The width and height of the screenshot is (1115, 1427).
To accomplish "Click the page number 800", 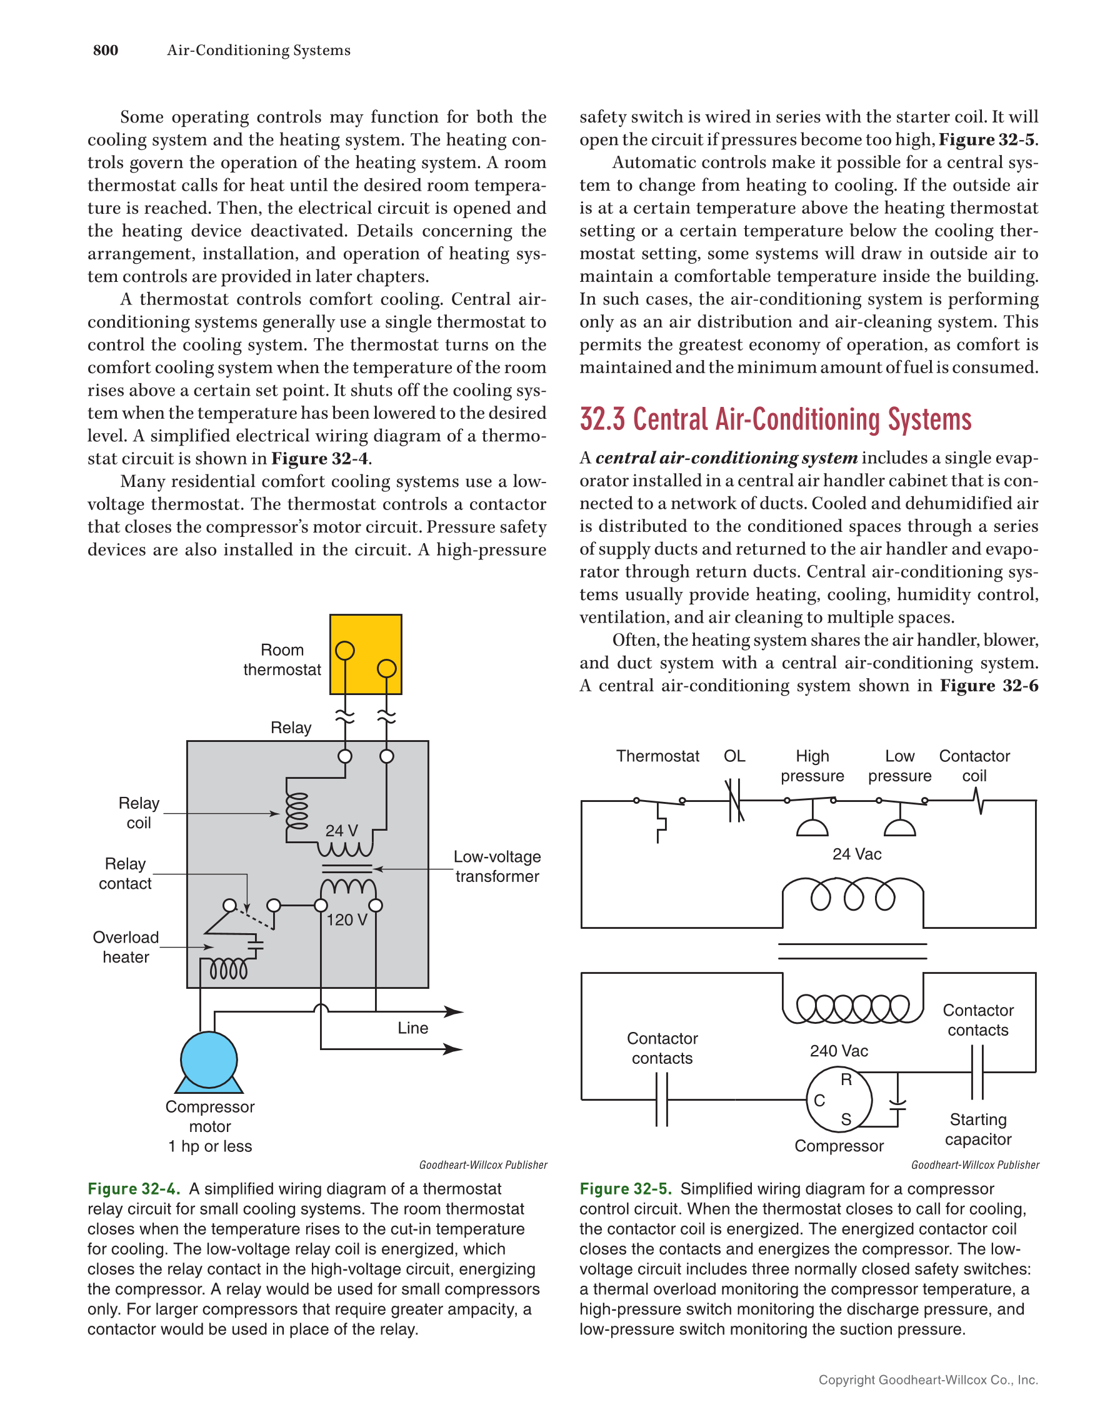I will (105, 50).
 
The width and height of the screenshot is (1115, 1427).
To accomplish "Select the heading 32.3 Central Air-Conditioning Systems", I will (776, 419).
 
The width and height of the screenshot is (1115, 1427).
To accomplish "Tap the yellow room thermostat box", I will (365, 654).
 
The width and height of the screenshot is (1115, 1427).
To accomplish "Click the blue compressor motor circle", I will (209, 1059).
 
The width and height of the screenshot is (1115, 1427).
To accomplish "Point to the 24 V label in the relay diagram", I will (342, 831).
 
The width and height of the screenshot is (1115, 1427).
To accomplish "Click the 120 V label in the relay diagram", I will (347, 920).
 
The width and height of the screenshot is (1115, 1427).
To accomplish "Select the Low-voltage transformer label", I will (497, 866).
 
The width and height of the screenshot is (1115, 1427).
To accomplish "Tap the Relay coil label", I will (139, 813).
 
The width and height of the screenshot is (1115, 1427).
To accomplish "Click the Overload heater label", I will (126, 947).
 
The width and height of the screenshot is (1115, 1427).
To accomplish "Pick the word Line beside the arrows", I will (413, 1028).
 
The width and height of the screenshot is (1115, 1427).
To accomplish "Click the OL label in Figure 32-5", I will (734, 756).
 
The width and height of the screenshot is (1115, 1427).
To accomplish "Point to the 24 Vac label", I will (856, 854).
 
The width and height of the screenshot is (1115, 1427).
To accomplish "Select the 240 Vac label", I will (839, 1051).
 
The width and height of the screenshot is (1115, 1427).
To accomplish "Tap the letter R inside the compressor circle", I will (846, 1080).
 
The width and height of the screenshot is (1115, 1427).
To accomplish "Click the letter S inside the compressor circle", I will (846, 1120).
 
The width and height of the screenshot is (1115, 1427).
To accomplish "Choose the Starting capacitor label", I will (978, 1129).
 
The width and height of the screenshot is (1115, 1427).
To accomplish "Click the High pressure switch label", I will (812, 766).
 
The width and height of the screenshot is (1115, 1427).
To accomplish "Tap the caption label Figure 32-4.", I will (134, 1188).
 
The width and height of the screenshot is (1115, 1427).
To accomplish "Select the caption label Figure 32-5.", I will (626, 1188).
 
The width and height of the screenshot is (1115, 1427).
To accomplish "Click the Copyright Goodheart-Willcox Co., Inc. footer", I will (927, 1379).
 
